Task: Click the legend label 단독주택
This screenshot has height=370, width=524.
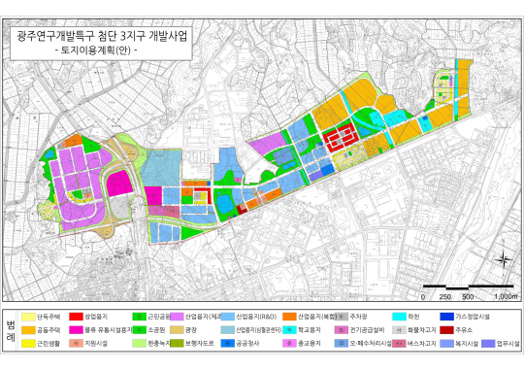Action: (49, 317)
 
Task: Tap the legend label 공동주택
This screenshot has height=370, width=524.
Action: (49, 330)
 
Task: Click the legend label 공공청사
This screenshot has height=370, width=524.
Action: (249, 343)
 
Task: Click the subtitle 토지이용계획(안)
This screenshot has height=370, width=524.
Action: (97, 49)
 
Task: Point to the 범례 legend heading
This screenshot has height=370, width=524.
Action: (10, 330)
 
